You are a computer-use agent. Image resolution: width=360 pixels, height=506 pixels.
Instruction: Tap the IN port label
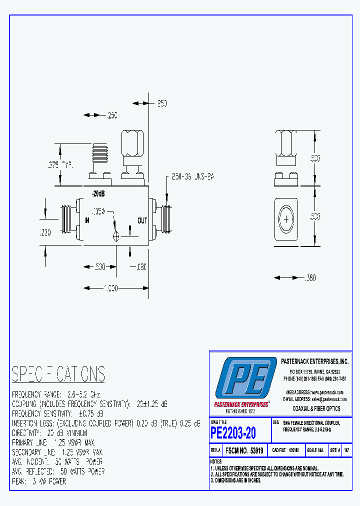[87, 220]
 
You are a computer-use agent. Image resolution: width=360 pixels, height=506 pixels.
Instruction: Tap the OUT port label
[142, 220]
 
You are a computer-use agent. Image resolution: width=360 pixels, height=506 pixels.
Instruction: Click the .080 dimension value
[139, 267]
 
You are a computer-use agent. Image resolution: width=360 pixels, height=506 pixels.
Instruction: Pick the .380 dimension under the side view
[310, 277]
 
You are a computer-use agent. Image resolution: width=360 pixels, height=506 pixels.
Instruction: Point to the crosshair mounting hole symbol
[116, 236]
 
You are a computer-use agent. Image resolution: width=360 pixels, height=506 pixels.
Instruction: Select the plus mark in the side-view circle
[287, 219]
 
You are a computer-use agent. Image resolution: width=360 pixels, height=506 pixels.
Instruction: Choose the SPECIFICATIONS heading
[58, 374]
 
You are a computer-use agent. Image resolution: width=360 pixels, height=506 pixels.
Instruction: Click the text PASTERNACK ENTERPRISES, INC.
[314, 361]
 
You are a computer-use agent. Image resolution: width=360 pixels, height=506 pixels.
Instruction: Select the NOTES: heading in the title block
[216, 461]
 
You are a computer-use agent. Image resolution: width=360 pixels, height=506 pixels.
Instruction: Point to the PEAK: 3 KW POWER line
[39, 481]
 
